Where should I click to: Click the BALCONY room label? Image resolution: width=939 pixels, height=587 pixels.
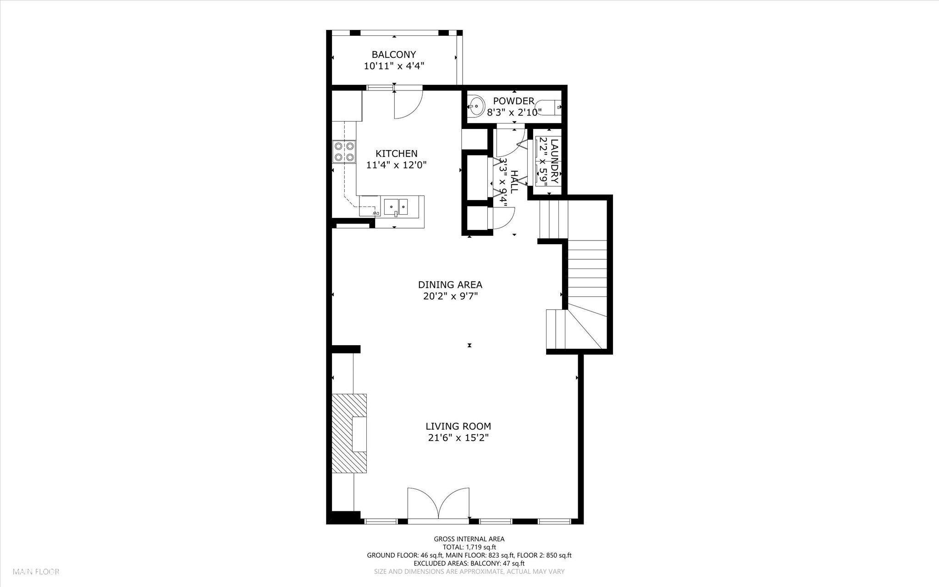pyautogui.click(x=393, y=55)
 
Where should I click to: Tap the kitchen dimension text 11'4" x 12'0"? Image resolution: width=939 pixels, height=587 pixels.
pyautogui.click(x=397, y=165)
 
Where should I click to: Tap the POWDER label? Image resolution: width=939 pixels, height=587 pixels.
pyautogui.click(x=514, y=101)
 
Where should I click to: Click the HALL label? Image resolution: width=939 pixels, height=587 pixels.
pyautogui.click(x=514, y=181)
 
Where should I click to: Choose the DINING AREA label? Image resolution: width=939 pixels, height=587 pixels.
pyautogui.click(x=450, y=285)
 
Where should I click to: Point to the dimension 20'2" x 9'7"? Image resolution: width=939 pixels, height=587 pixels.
pyautogui.click(x=450, y=296)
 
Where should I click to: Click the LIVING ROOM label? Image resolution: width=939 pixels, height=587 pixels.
pyautogui.click(x=458, y=426)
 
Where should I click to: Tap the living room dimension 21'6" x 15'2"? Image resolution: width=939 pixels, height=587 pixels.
pyautogui.click(x=458, y=438)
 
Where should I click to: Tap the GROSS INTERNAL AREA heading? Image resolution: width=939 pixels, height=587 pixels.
pyautogui.click(x=469, y=539)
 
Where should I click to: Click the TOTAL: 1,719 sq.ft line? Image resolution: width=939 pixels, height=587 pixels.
pyautogui.click(x=469, y=547)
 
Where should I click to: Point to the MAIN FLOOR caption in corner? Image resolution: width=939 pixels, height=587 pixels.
pyautogui.click(x=36, y=572)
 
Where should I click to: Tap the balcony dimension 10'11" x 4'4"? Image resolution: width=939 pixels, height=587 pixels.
pyautogui.click(x=393, y=66)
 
